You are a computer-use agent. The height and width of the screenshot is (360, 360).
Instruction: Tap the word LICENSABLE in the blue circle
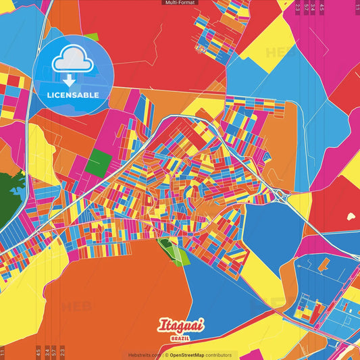[x=73, y=95]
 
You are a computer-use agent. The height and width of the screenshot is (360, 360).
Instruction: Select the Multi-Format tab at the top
[x=180, y=3]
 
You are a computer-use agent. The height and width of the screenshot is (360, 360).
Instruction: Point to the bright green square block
[x=99, y=162]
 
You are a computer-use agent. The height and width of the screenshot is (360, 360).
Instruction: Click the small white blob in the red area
[x=350, y=217]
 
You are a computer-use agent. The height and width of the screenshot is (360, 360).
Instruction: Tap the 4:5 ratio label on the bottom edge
[x=38, y=351]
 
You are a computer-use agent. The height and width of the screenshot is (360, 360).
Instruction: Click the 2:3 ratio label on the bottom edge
[x=62, y=351]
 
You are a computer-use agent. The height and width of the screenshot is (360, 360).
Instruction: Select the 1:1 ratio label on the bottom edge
[x=3, y=351]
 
